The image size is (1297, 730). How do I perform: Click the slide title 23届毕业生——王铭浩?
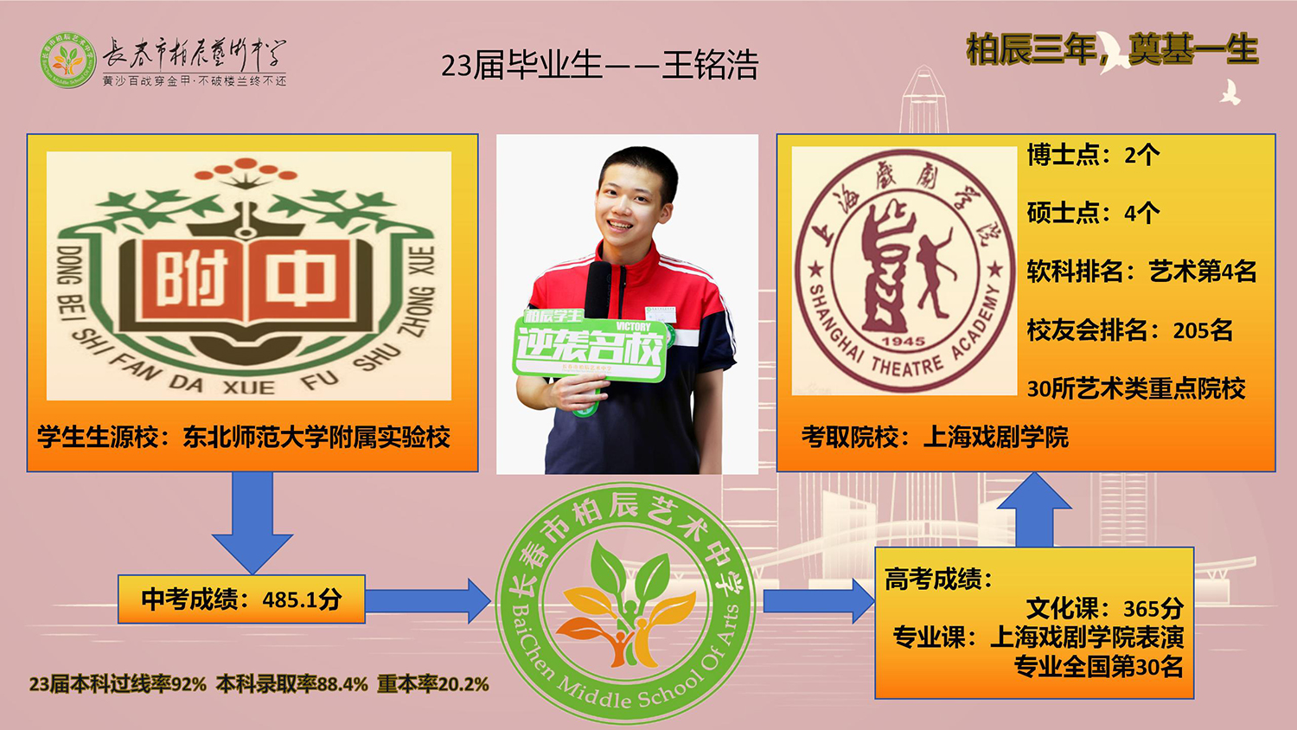[599, 66]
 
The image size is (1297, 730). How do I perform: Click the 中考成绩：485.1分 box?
[241, 599]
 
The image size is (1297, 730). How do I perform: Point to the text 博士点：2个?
[1093, 156]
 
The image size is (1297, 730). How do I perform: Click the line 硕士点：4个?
[1093, 213]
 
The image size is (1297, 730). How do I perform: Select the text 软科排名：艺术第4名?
[1141, 272]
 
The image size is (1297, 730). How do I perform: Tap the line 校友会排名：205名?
[1129, 330]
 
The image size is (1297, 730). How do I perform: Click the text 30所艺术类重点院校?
[1135, 389]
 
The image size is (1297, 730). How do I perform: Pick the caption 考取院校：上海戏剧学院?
[935, 438]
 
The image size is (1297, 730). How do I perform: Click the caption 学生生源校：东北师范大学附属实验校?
[244, 438]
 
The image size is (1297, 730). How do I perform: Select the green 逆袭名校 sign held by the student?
[591, 346]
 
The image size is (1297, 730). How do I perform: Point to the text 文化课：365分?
[1104, 608]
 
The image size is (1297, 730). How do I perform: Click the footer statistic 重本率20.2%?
[433, 684]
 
